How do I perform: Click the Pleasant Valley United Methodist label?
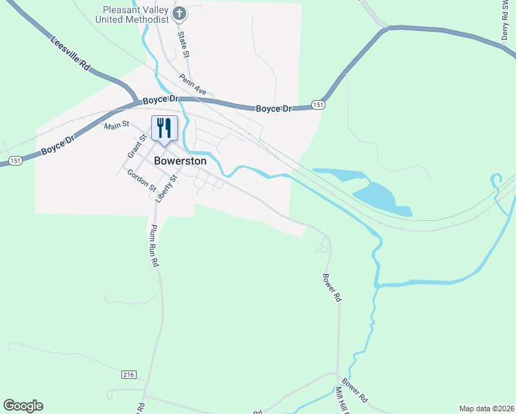[136, 14]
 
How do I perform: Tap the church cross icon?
[179, 13]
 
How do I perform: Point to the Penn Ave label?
[192, 85]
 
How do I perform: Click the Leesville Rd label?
[70, 53]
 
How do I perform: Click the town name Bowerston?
[180, 160]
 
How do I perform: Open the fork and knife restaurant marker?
[164, 128]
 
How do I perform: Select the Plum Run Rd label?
[155, 245]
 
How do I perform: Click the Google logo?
[23, 406]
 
